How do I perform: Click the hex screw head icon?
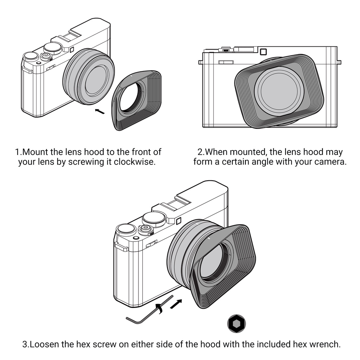click(237, 323)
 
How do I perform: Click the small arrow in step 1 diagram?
click(100, 111)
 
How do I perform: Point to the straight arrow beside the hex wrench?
click(176, 304)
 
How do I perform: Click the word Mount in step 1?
click(35, 152)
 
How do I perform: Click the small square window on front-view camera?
click(263, 52)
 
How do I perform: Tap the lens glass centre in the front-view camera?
click(279, 91)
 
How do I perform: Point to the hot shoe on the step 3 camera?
click(177, 202)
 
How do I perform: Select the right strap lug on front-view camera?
click(339, 62)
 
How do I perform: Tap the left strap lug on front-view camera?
click(200, 62)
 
